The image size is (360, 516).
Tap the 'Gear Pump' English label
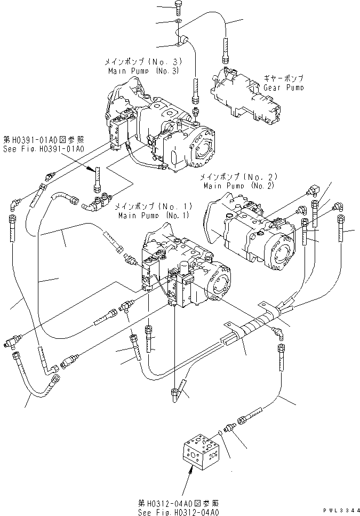point(284,87)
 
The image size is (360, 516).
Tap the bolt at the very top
point(179,7)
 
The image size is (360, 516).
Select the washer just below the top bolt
point(178,21)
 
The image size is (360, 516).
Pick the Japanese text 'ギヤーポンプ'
point(283,78)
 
